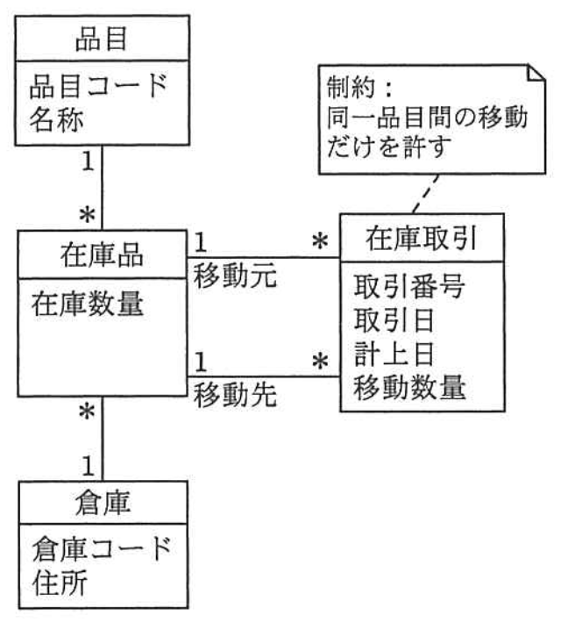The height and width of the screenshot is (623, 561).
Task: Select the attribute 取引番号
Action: coord(408,286)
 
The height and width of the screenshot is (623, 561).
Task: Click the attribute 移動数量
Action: coord(408,387)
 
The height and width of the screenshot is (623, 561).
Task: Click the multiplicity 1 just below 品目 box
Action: coord(88,162)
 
